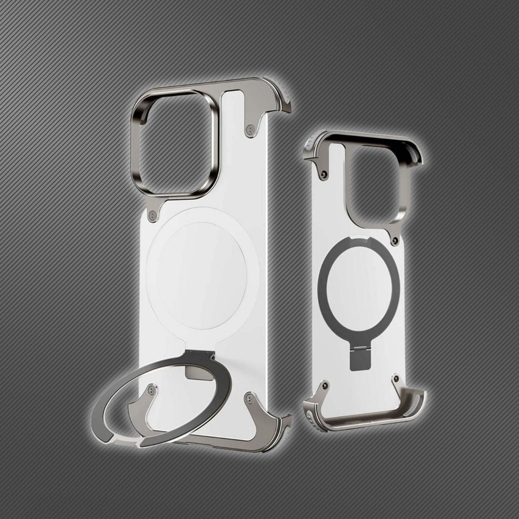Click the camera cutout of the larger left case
175,144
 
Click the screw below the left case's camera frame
153,215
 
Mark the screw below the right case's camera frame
395,240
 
